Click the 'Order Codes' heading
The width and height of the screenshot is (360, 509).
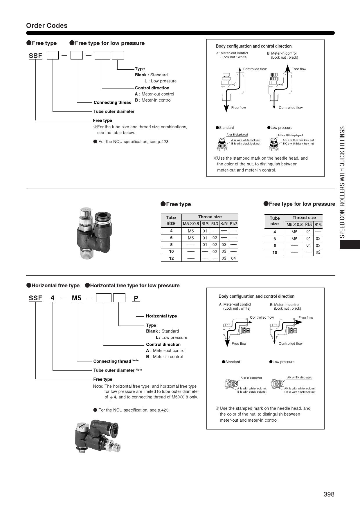[x=47, y=26]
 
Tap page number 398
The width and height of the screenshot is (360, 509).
[x=329, y=494]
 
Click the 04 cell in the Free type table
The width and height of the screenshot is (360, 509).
[x=233, y=258]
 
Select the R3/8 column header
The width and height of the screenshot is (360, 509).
[x=224, y=223]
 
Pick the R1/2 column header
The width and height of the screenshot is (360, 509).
[x=233, y=224]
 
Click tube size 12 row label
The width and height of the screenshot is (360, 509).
[x=171, y=258]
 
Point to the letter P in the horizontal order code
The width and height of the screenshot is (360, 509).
[x=136, y=298]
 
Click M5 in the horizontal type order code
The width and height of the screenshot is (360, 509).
[x=77, y=298]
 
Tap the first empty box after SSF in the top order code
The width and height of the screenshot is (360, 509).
[x=53, y=55]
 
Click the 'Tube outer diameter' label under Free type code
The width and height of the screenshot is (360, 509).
[x=114, y=111]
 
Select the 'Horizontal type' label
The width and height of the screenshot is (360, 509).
[x=161, y=316]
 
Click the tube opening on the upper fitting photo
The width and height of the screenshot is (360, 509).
[x=103, y=216]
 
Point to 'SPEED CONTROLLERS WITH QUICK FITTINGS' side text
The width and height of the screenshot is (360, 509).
[x=343, y=182]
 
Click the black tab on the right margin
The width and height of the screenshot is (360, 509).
[x=350, y=244]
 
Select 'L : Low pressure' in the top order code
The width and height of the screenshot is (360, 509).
[x=161, y=81]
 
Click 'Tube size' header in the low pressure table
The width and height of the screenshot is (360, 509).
[x=274, y=221]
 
